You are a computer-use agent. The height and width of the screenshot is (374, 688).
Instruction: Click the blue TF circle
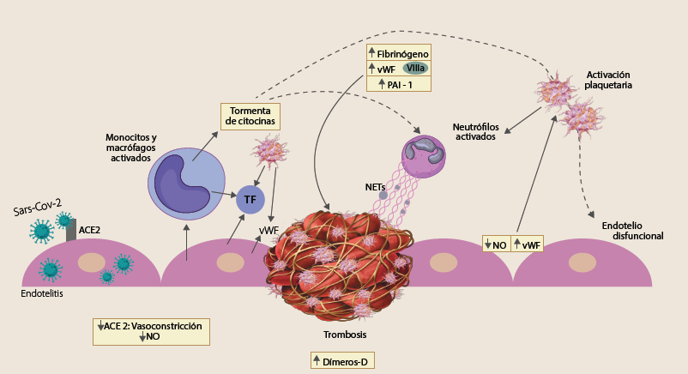pyautogui.click(x=250, y=200)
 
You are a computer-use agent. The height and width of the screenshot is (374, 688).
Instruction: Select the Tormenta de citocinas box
pyautogui.click(x=250, y=116)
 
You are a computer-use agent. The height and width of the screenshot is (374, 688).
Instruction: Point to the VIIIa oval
pyautogui.click(x=418, y=68)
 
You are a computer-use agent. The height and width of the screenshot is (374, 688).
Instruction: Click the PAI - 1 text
pyautogui.click(x=398, y=83)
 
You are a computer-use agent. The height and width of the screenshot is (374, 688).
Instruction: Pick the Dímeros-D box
pyautogui.click(x=343, y=361)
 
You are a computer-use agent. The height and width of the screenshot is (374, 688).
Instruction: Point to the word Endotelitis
pyautogui.click(x=41, y=293)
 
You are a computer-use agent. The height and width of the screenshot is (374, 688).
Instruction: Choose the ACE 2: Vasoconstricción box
pyautogui.click(x=152, y=331)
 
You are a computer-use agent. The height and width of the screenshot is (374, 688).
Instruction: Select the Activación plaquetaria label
pyautogui.click(x=608, y=80)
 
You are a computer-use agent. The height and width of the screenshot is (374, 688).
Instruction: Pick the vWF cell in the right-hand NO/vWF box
pyautogui.click(x=527, y=244)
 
